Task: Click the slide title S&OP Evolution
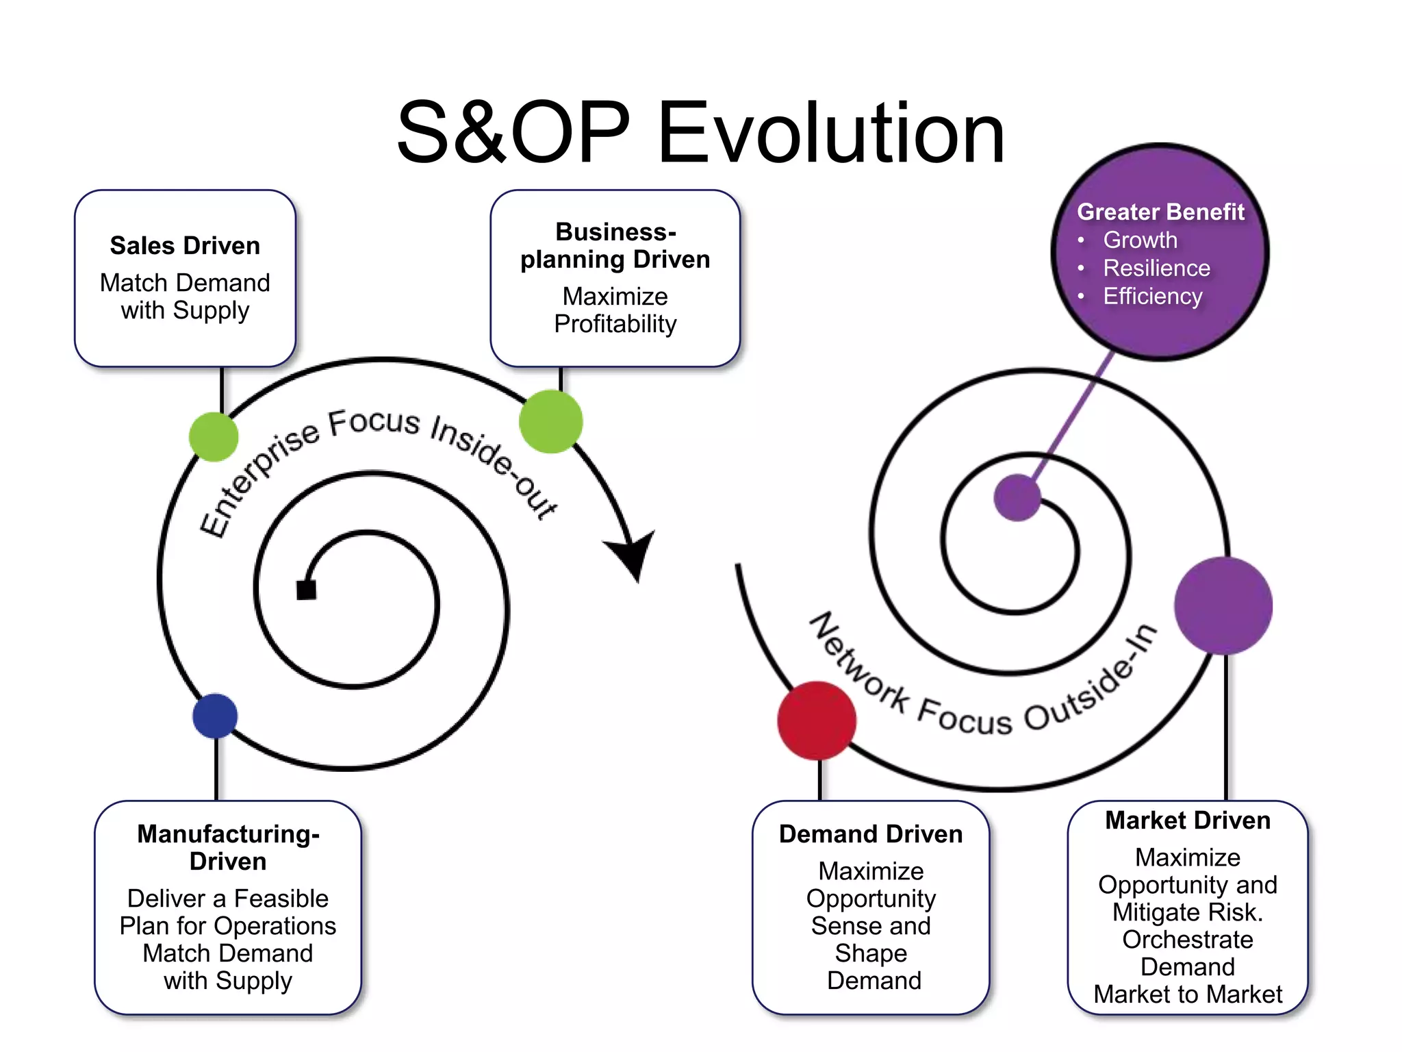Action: (x=700, y=133)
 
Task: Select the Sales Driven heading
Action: (x=185, y=246)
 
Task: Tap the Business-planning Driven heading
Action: (x=615, y=246)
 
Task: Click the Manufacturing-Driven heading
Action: (x=228, y=848)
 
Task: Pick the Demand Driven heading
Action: (x=871, y=834)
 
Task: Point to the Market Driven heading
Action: (x=1188, y=821)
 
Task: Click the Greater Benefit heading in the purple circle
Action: (x=1160, y=212)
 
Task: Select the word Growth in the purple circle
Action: (x=1140, y=240)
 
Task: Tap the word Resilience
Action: (x=1156, y=268)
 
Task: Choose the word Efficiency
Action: (x=1152, y=297)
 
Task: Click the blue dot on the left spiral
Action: (x=215, y=716)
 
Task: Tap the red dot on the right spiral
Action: (x=817, y=721)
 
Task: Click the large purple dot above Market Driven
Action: (x=1223, y=605)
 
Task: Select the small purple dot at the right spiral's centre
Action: (x=1017, y=497)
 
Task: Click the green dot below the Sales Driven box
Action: (x=214, y=437)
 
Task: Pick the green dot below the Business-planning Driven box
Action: (x=551, y=421)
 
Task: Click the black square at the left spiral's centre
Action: (x=306, y=590)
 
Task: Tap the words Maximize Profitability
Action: (x=615, y=310)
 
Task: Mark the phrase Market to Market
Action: (x=1188, y=994)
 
